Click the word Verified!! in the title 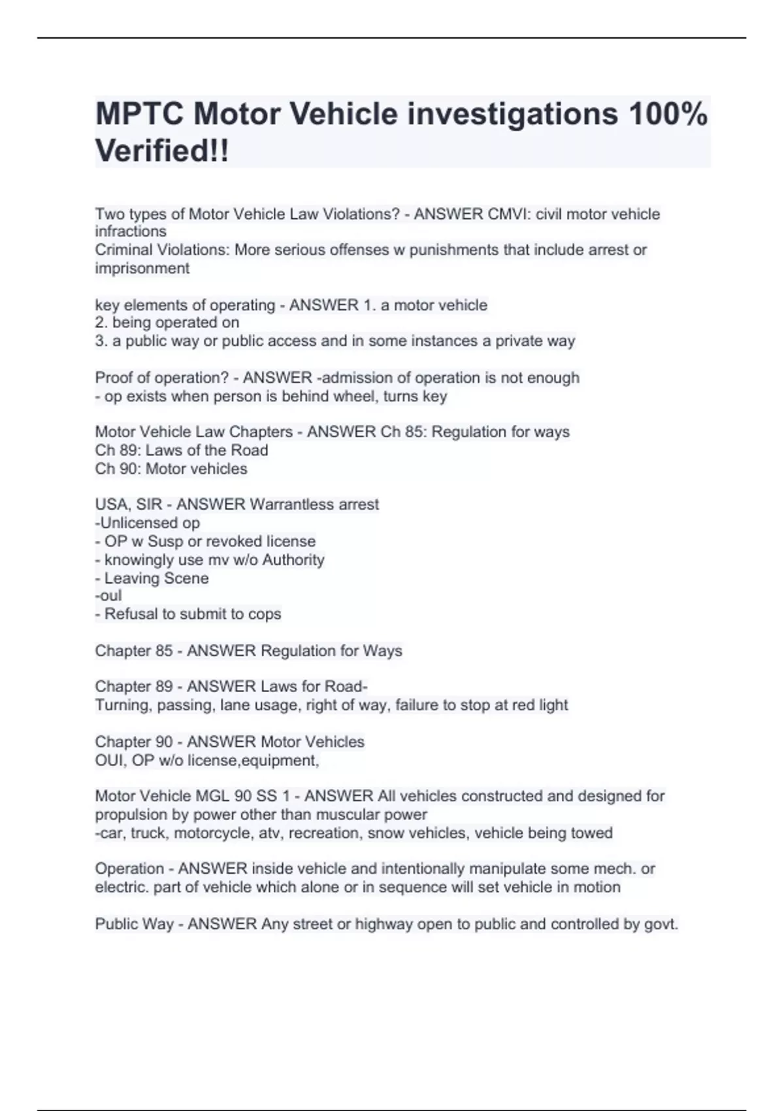click(162, 151)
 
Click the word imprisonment click(142, 268)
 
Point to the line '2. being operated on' click(167, 322)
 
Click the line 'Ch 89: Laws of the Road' click(182, 450)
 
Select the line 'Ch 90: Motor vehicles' click(171, 469)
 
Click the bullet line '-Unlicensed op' click(148, 523)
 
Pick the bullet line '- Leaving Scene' click(152, 578)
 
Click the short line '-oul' click(108, 595)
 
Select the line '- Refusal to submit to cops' click(188, 614)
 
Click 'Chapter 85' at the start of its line click(134, 651)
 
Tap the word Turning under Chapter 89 click(123, 705)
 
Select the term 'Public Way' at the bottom click(134, 924)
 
